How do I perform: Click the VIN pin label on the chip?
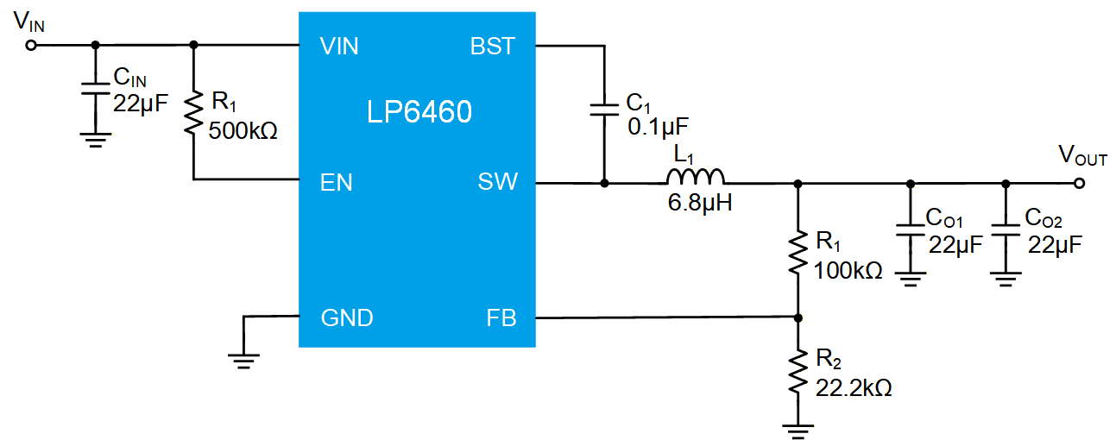[x=339, y=47]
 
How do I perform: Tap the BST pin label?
[x=492, y=47]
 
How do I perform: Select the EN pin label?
[x=336, y=182]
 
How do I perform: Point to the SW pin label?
[x=497, y=181]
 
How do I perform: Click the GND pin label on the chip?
[x=347, y=317]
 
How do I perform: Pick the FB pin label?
[x=501, y=317]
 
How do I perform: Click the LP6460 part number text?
[x=419, y=111]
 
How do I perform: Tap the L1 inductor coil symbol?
[x=695, y=177]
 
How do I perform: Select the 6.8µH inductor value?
[x=699, y=203]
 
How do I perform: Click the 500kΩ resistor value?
[x=243, y=130]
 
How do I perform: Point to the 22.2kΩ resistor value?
[x=853, y=387]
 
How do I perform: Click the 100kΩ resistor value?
[x=848, y=270]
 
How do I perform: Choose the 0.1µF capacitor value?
[x=658, y=127]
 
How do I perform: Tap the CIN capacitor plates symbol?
[x=95, y=89]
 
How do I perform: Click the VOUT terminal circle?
[x=1079, y=184]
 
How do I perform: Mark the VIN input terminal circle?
[x=31, y=46]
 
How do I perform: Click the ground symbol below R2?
[x=798, y=431]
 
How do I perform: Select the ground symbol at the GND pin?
[x=243, y=361]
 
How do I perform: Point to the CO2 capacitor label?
[x=1043, y=218]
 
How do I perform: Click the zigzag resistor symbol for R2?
[x=798, y=372]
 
